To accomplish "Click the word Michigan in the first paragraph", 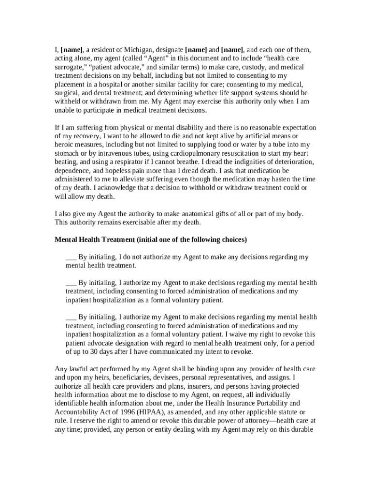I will (x=149, y=50).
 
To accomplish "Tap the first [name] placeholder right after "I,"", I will (x=72, y=50).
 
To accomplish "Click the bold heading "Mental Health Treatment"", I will (x=95, y=240).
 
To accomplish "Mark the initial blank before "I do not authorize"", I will (x=71, y=257).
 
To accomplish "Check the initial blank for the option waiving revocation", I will (x=71, y=317).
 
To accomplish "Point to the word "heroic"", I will (x=66, y=145).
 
